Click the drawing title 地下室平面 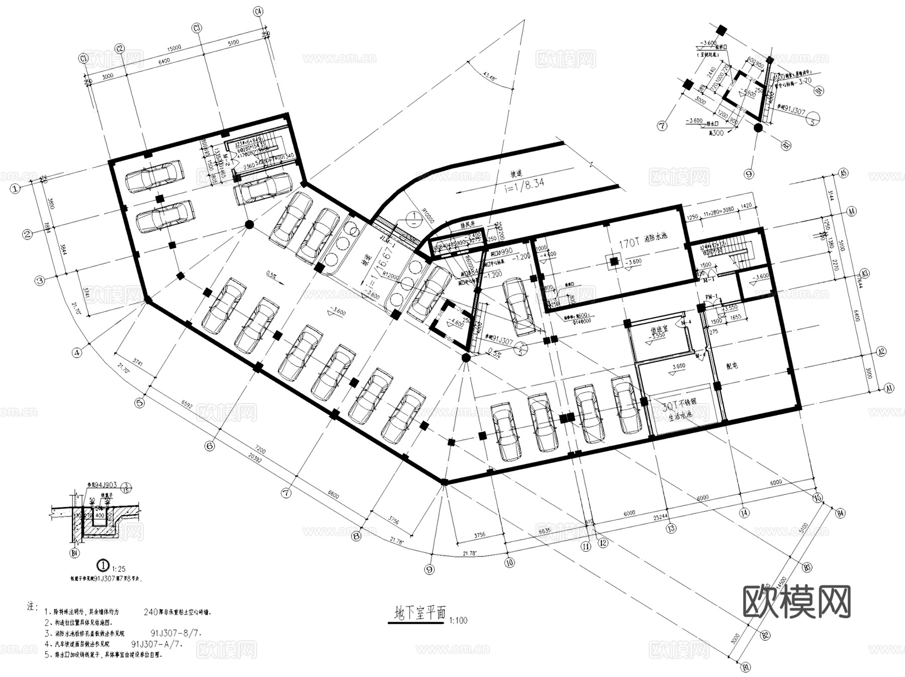click(x=420, y=613)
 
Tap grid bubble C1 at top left click(x=84, y=59)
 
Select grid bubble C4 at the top click(x=258, y=12)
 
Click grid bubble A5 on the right click(x=843, y=173)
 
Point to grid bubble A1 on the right click(x=888, y=388)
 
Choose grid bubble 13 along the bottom click(x=671, y=528)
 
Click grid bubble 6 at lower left click(x=210, y=445)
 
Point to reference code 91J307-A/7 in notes click(x=156, y=644)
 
